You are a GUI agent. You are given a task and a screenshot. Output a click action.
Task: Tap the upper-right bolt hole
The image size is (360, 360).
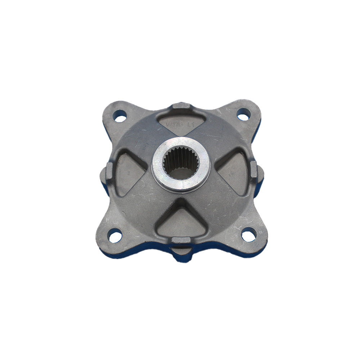(x=244, y=115)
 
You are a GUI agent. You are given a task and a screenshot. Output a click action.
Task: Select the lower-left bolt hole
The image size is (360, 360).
(x=115, y=237)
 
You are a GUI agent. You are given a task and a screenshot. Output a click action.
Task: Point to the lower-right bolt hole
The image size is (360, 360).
(x=248, y=236)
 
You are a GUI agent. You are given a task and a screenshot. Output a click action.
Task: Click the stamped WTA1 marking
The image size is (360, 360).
(x=175, y=124)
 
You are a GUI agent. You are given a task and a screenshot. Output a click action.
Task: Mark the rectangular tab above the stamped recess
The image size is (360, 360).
(x=181, y=106)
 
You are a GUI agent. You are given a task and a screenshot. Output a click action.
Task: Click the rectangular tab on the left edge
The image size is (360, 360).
(x=109, y=172)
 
